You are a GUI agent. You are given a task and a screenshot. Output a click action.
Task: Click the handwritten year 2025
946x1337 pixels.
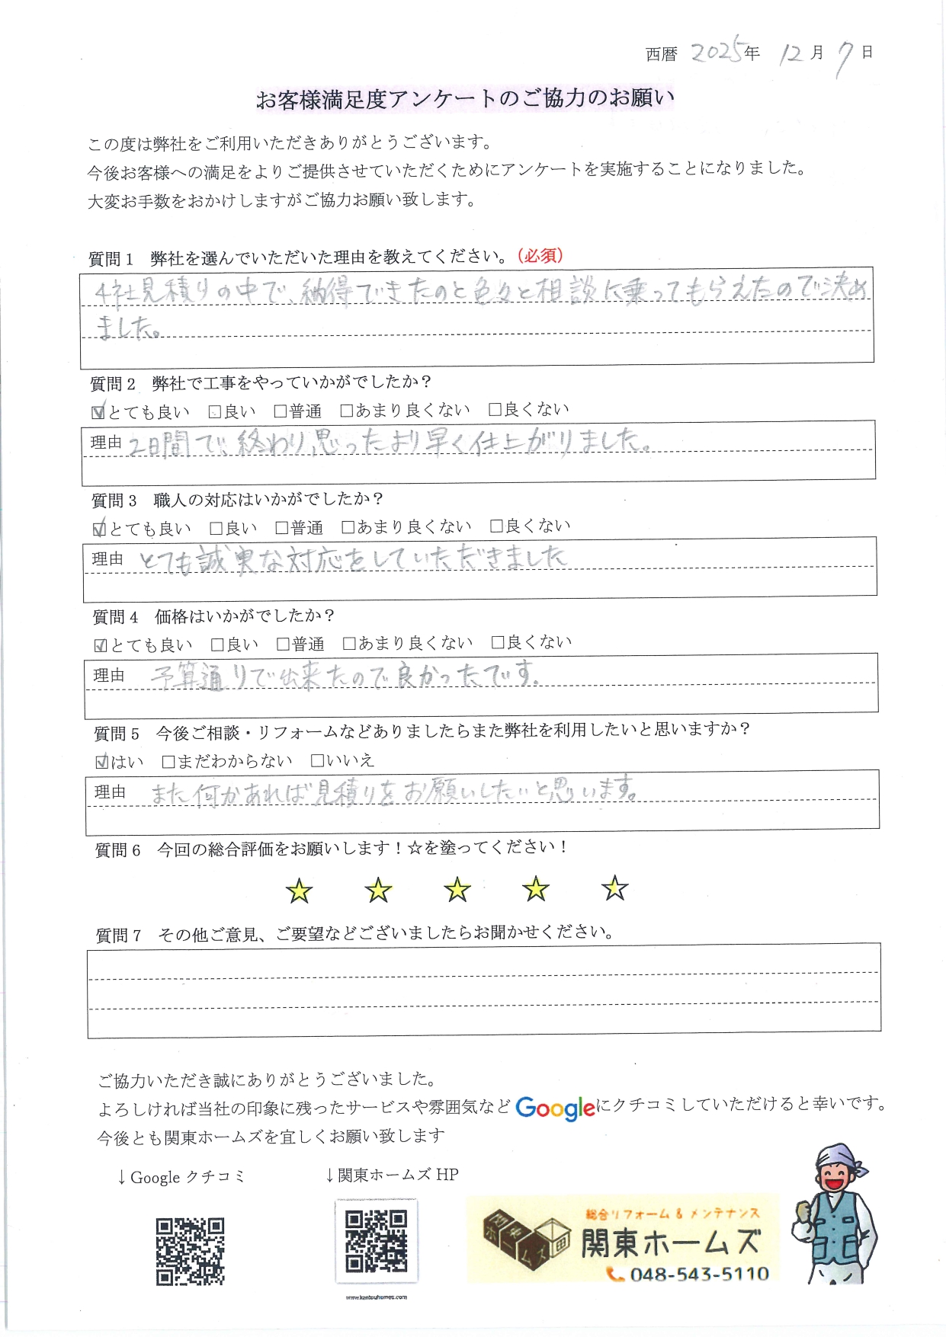(716, 52)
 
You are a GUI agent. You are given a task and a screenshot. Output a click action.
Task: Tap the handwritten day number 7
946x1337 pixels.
(844, 58)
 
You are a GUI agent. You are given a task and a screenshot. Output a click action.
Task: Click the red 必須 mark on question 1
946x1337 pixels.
(540, 256)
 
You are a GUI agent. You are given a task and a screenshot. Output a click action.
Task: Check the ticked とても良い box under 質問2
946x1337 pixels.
(98, 412)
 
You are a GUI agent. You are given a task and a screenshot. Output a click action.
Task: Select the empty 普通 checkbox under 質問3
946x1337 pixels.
(282, 527)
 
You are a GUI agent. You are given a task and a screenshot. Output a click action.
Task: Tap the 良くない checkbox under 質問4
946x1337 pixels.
(498, 642)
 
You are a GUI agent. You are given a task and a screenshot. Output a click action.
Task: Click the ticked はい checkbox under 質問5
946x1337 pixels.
(101, 761)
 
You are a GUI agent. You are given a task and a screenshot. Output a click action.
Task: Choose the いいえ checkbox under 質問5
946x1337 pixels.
(317, 760)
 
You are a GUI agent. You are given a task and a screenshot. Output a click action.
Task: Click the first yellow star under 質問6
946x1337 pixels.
(299, 891)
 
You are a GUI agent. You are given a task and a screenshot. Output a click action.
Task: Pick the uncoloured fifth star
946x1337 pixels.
(614, 888)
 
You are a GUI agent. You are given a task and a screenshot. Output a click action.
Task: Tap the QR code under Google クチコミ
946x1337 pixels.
(191, 1251)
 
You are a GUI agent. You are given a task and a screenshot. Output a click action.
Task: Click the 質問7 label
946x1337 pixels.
(118, 936)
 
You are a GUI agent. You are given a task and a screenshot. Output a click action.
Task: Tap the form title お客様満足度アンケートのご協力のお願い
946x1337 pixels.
(465, 99)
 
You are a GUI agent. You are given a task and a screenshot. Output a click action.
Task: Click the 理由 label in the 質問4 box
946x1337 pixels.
(109, 676)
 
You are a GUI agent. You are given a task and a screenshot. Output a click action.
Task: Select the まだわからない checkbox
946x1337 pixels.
(168, 761)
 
